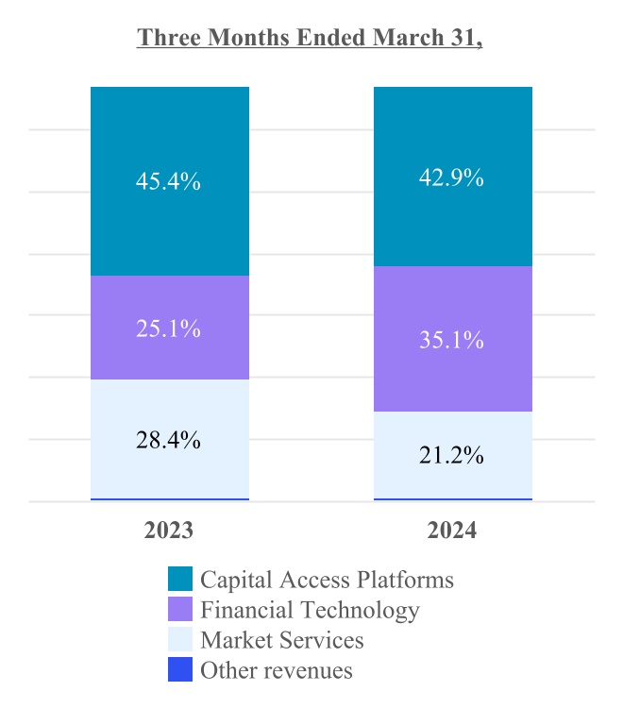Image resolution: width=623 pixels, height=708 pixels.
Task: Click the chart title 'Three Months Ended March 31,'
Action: (311, 38)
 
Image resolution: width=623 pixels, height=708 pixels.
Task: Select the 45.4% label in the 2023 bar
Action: (170, 181)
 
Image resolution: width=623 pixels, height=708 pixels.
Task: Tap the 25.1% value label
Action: (170, 329)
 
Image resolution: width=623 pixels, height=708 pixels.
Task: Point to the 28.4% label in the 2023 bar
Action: (170, 439)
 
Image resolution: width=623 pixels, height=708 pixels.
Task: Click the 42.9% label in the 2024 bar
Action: (453, 177)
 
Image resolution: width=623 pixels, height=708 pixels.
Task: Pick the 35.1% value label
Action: (453, 340)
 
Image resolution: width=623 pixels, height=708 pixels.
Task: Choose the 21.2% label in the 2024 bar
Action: (453, 456)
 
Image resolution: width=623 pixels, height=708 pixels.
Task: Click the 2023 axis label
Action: (169, 531)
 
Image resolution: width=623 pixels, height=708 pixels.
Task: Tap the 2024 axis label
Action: (452, 531)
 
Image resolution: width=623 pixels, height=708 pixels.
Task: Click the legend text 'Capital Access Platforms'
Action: (327, 580)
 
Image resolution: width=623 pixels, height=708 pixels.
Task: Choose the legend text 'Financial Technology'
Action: (310, 610)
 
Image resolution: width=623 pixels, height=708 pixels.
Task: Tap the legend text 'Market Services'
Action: (281, 640)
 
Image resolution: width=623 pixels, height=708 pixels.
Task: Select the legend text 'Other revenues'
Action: (276, 670)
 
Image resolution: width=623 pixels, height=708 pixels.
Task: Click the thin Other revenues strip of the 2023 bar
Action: (170, 498)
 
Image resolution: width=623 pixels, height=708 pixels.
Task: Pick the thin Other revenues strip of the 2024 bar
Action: (453, 498)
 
